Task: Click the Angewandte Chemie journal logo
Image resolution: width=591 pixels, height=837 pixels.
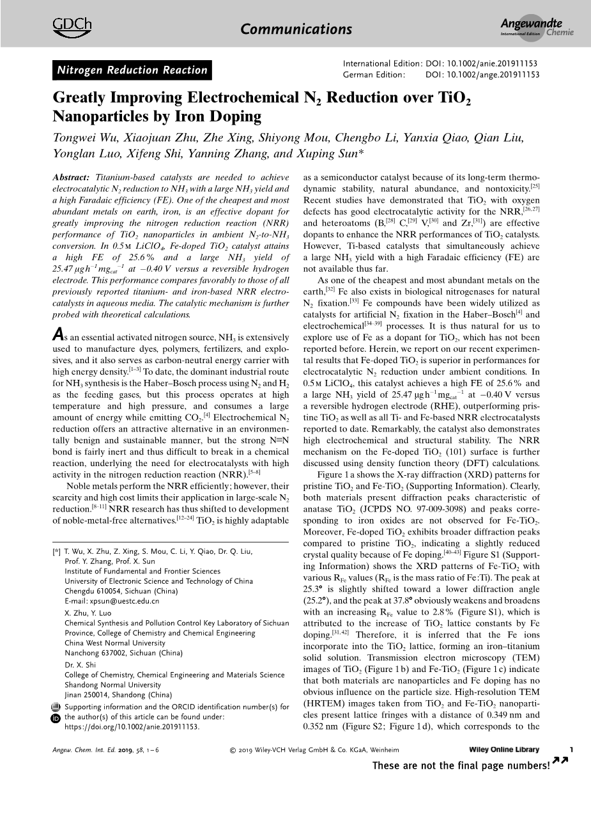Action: click(x=537, y=28)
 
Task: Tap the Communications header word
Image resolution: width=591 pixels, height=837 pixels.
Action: click(x=296, y=29)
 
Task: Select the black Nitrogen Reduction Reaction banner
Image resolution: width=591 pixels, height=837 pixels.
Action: click(x=132, y=70)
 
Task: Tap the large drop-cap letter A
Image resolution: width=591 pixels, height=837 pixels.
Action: click(x=58, y=334)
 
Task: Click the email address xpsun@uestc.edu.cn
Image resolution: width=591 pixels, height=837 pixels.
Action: click(x=112, y=601)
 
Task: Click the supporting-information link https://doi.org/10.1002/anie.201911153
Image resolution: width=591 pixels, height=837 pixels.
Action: click(x=132, y=727)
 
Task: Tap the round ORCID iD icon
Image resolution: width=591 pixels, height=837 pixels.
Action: click(x=55, y=718)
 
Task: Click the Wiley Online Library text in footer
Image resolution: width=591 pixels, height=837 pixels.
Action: click(x=503, y=750)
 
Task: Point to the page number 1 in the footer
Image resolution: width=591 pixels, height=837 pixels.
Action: click(x=571, y=749)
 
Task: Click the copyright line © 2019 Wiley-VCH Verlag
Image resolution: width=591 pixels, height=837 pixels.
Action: click(x=314, y=750)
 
